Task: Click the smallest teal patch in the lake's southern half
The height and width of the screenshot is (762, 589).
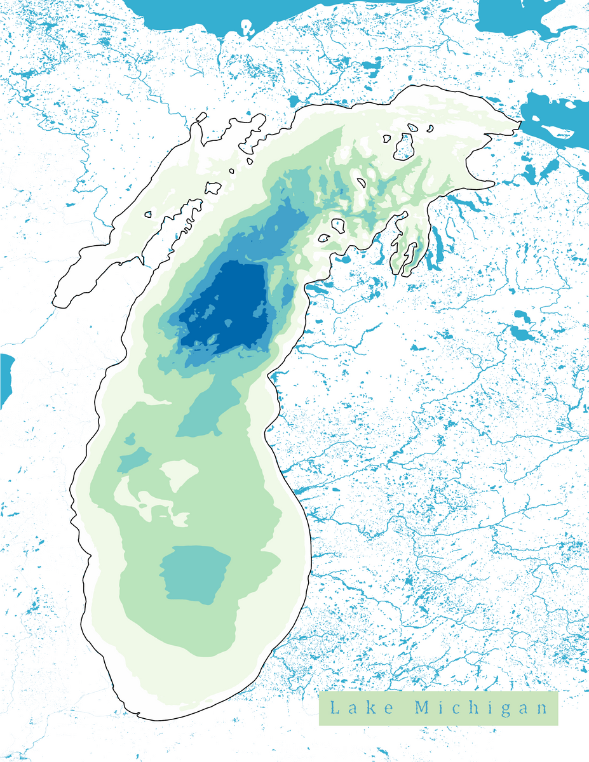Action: (x=130, y=439)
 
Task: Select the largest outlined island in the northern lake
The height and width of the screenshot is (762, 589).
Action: (x=404, y=147)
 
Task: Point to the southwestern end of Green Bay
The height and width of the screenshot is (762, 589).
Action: (x=60, y=298)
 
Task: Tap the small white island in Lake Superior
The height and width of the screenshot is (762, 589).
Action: (x=247, y=27)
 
